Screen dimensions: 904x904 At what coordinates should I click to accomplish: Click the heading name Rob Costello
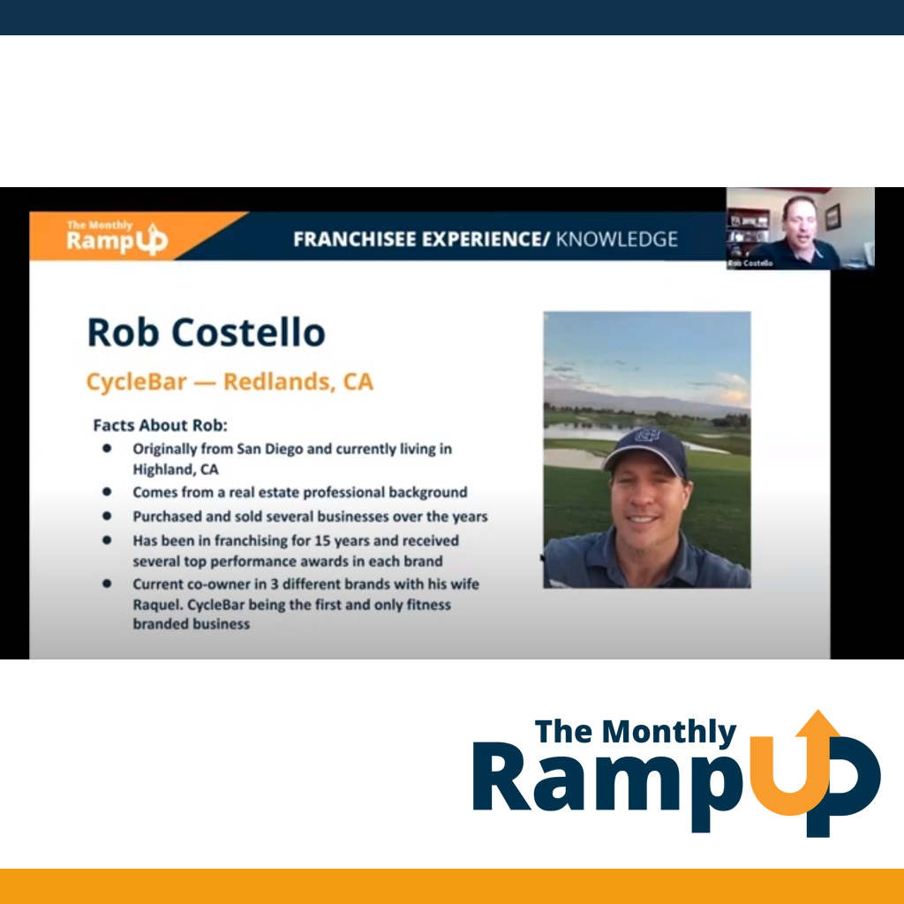pyautogui.click(x=207, y=333)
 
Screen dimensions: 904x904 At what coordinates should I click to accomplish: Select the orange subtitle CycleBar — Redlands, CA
pyautogui.click(x=230, y=381)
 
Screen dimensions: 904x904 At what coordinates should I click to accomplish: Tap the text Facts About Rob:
pyautogui.click(x=161, y=426)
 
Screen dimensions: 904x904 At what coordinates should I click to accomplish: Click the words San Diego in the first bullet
pyautogui.click(x=270, y=449)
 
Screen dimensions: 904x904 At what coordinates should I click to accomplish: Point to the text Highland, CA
pyautogui.click(x=176, y=470)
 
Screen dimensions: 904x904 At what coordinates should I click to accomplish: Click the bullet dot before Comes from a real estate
pyautogui.click(x=107, y=492)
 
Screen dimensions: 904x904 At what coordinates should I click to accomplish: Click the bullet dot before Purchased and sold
pyautogui.click(x=107, y=516)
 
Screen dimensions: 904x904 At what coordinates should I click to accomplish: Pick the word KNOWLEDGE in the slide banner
pyautogui.click(x=616, y=238)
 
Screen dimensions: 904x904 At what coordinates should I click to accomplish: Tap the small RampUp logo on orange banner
pyautogui.click(x=117, y=237)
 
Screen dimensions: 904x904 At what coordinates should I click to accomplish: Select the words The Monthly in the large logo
pyautogui.click(x=636, y=732)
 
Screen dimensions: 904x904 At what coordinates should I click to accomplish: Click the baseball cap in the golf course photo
pyautogui.click(x=644, y=450)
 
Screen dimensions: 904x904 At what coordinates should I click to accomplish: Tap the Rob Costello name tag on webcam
pyautogui.click(x=750, y=263)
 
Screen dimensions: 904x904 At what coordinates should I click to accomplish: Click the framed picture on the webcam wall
pyautogui.click(x=832, y=217)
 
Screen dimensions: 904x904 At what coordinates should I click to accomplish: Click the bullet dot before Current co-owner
pyautogui.click(x=107, y=584)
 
